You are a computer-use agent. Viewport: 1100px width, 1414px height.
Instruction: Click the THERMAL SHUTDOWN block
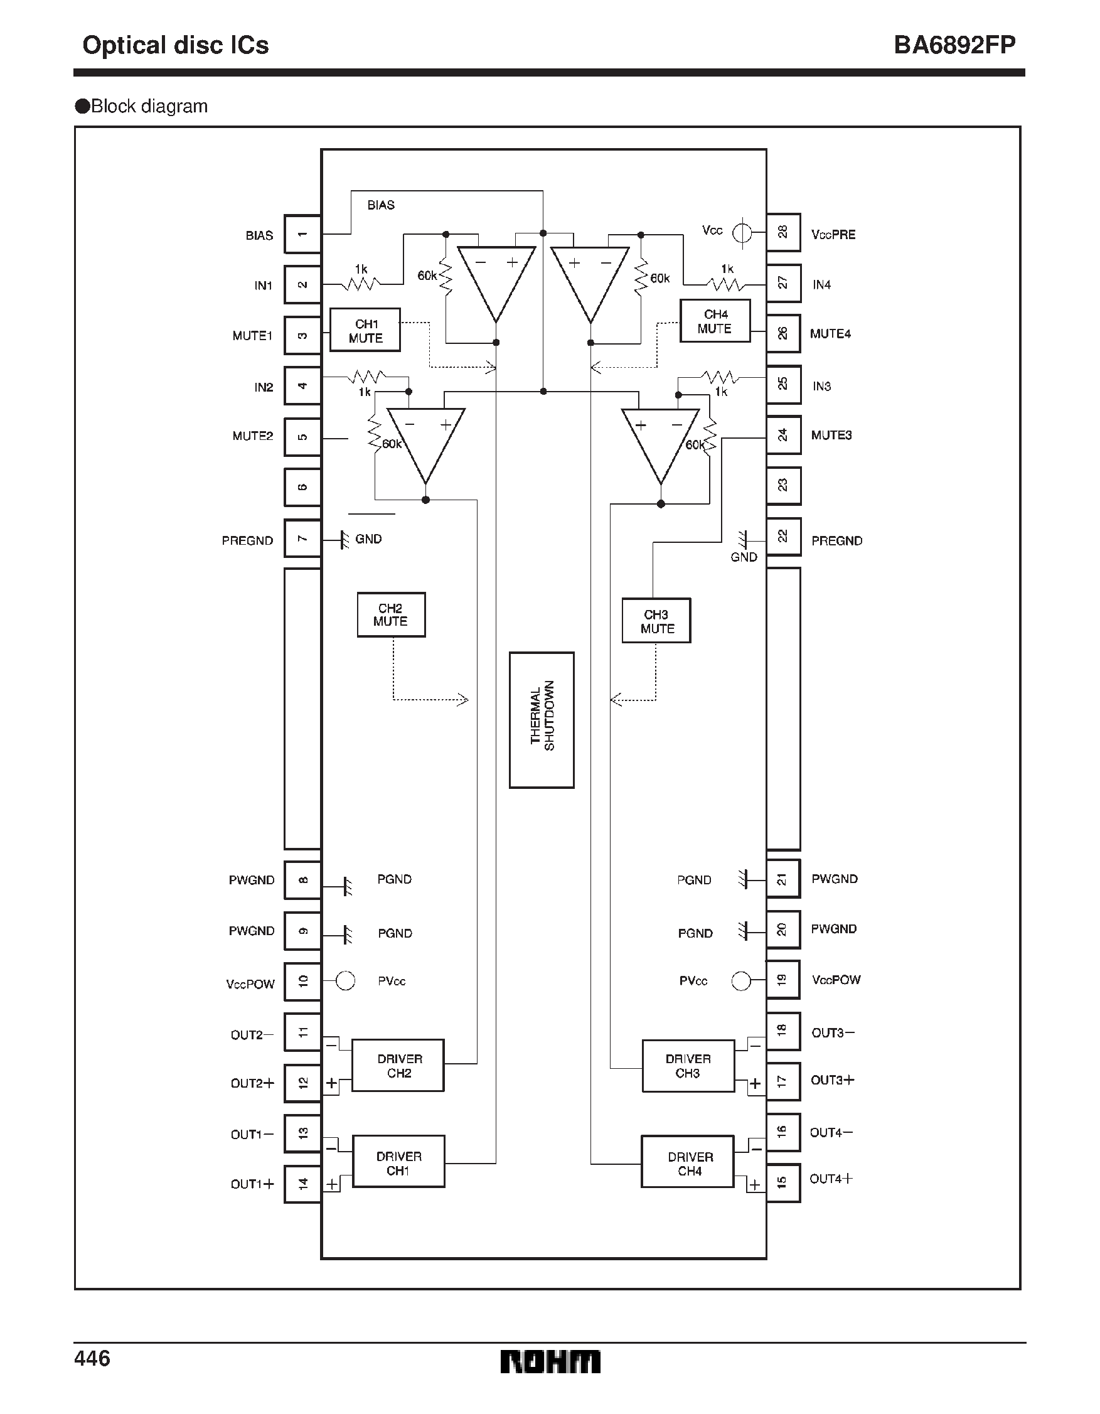pyautogui.click(x=542, y=719)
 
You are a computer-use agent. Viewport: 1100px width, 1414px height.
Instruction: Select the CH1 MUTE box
pyautogui.click(x=365, y=330)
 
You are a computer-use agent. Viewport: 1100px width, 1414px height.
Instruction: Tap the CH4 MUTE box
pyautogui.click(x=715, y=321)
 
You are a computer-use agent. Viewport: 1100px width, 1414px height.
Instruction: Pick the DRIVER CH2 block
pyautogui.click(x=398, y=1066)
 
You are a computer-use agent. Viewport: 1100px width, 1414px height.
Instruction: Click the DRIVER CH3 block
pyautogui.click(x=688, y=1066)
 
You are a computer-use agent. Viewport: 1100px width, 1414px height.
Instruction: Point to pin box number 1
pyautogui.click(x=302, y=234)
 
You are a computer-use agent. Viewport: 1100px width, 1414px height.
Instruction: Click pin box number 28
pyautogui.click(x=782, y=232)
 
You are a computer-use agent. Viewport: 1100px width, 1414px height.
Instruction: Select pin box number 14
pyautogui.click(x=302, y=1184)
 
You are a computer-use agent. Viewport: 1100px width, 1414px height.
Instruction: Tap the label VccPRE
pyautogui.click(x=833, y=234)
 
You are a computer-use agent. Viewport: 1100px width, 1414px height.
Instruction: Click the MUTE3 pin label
pyautogui.click(x=831, y=435)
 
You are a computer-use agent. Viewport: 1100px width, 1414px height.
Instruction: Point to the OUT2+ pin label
pyautogui.click(x=252, y=1083)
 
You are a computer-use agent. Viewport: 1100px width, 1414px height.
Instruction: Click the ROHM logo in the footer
pyautogui.click(x=550, y=1361)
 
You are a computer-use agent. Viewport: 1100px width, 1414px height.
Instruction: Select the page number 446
pyautogui.click(x=93, y=1358)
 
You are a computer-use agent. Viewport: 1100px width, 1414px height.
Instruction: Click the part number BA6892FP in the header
pyautogui.click(x=954, y=45)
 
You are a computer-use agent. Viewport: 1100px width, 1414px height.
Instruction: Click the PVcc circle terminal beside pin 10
pyautogui.click(x=346, y=981)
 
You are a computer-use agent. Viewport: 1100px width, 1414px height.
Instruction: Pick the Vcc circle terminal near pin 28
pyautogui.click(x=742, y=232)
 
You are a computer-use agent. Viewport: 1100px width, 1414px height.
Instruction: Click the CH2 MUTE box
pyautogui.click(x=391, y=614)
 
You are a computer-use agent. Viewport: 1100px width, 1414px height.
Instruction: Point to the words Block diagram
pyautogui.click(x=149, y=106)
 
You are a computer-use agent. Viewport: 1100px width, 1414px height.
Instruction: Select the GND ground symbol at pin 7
pyautogui.click(x=345, y=539)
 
